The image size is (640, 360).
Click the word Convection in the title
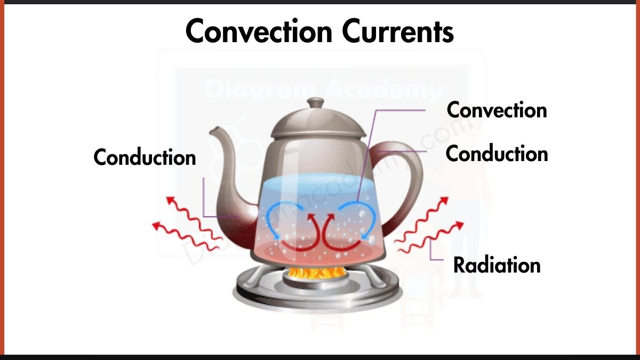pyautogui.click(x=259, y=32)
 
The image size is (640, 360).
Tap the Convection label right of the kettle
pyautogui.click(x=497, y=110)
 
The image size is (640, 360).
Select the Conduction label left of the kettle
pyautogui.click(x=145, y=157)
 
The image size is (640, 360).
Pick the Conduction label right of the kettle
pyautogui.click(x=497, y=154)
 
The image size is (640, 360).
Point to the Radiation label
pyautogui.click(x=497, y=265)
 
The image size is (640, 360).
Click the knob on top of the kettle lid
pyautogui.click(x=316, y=102)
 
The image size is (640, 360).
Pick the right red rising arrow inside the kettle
pyautogui.click(x=333, y=235)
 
